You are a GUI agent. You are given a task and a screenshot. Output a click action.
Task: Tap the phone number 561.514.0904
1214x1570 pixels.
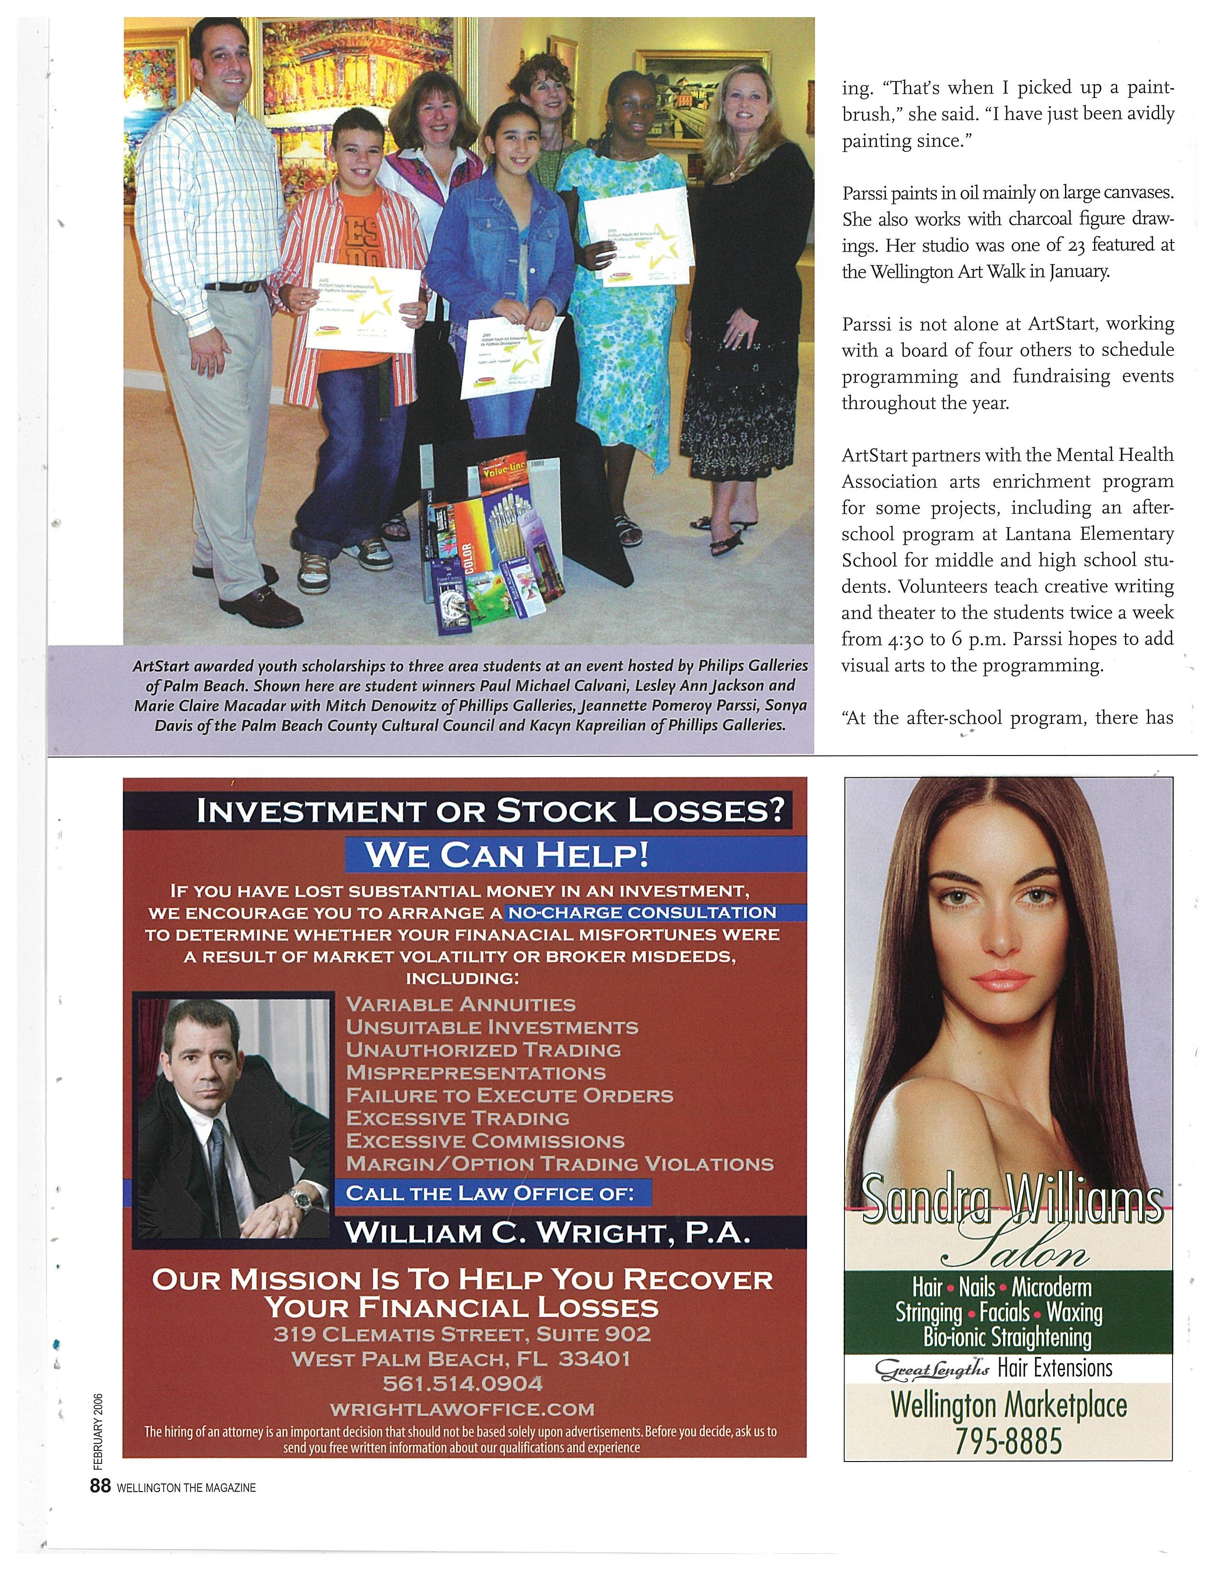(462, 1383)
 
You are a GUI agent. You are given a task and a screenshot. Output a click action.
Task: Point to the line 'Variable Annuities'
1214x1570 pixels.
(460, 1004)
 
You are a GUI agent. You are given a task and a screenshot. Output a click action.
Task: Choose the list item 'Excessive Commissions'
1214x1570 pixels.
(485, 1141)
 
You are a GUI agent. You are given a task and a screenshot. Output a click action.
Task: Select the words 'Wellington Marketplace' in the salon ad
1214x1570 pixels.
(1008, 1406)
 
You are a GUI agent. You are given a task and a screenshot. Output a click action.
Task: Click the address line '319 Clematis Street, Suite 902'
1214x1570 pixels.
(462, 1334)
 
